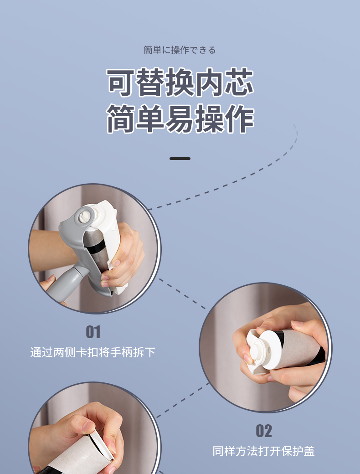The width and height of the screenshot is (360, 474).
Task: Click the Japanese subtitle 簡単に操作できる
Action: (180, 50)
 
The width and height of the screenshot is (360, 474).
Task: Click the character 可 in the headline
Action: (121, 82)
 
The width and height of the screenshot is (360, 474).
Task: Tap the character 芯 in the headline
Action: (239, 82)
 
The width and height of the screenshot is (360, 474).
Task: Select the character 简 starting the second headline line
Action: (121, 119)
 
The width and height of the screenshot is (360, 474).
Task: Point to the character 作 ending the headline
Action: (239, 119)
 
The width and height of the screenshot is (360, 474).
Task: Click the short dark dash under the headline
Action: (180, 159)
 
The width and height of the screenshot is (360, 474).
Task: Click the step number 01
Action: (93, 332)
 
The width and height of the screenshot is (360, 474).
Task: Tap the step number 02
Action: (263, 431)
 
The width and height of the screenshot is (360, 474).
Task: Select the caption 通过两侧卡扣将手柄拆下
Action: (93, 352)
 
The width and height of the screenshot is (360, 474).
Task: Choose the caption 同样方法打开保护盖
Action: (263, 451)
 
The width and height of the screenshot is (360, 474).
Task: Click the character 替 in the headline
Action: (150, 82)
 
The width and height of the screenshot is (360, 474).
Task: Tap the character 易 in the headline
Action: (180, 119)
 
